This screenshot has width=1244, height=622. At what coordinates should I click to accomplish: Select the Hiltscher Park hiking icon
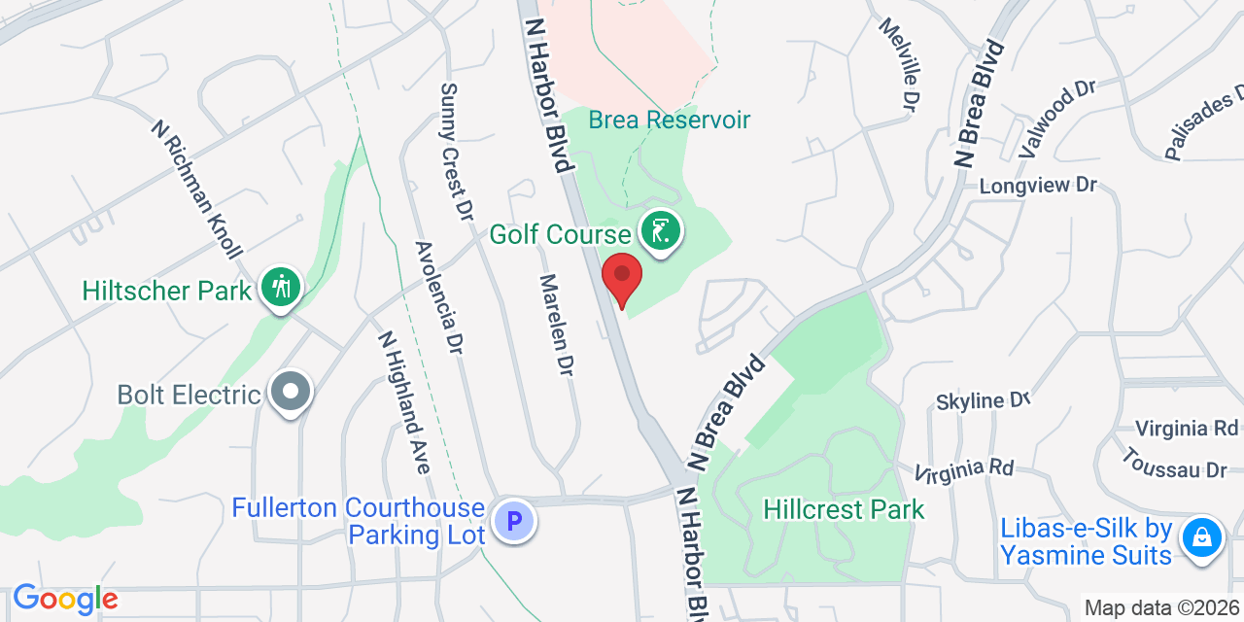[x=281, y=289]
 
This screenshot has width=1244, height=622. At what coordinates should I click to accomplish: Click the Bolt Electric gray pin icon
[x=290, y=394]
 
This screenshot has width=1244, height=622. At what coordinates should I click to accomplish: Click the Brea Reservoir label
[x=670, y=120]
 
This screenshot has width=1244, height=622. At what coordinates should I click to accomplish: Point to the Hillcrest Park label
[x=844, y=509]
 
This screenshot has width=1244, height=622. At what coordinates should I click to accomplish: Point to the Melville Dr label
[x=898, y=62]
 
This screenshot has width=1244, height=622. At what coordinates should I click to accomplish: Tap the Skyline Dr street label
[x=983, y=399]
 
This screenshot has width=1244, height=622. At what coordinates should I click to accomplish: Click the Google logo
[x=64, y=599]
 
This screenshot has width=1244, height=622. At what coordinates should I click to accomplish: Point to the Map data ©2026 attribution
[x=1161, y=608]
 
